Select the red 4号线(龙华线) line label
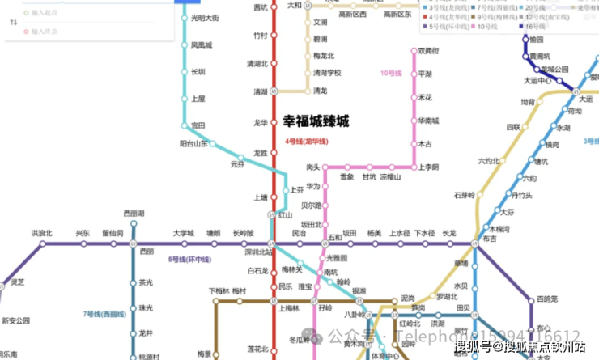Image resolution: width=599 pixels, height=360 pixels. (307, 142)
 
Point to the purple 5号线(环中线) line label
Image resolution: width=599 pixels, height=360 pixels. (189, 260)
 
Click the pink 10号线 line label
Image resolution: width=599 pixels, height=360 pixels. (391, 74)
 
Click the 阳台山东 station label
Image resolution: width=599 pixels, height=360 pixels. (193, 143)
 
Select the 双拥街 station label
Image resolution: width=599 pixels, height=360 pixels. (429, 51)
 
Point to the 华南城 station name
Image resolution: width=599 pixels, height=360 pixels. (428, 121)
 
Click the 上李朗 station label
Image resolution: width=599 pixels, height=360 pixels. (428, 167)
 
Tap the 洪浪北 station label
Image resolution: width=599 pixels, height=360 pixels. (42, 234)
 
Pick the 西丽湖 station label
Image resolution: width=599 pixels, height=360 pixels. (134, 214)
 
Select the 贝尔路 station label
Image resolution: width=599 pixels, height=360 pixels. (311, 205)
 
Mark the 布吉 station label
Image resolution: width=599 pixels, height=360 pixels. (490, 239)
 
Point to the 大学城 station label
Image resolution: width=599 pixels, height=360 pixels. (184, 234)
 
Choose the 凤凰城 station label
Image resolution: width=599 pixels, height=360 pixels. (202, 45)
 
